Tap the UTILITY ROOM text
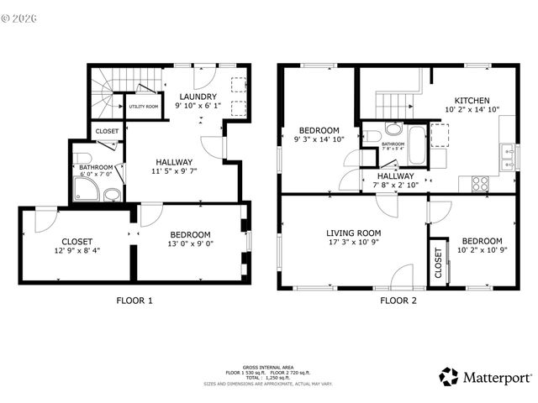click(x=142, y=107)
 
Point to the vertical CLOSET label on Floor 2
click(x=438, y=263)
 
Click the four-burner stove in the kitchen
click(x=479, y=182)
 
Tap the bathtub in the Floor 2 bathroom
click(x=416, y=144)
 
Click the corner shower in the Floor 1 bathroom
click(x=86, y=192)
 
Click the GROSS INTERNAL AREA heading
click(x=268, y=367)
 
